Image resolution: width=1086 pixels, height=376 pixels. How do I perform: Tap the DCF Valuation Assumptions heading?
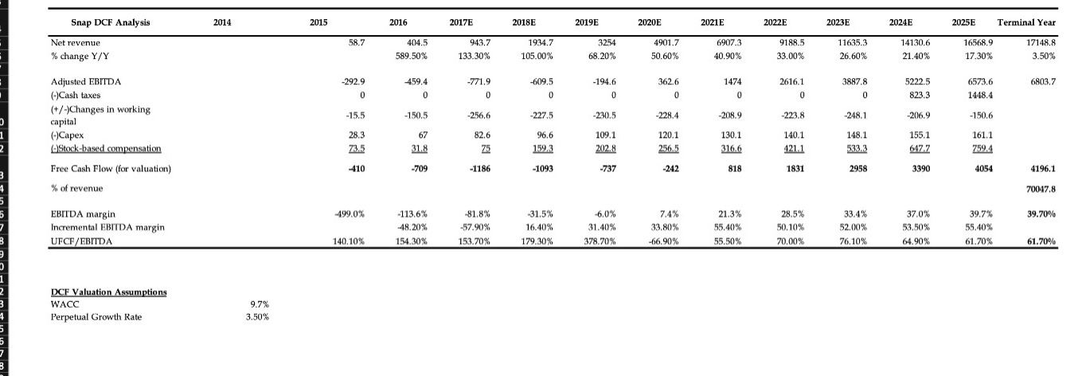tap(108, 292)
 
